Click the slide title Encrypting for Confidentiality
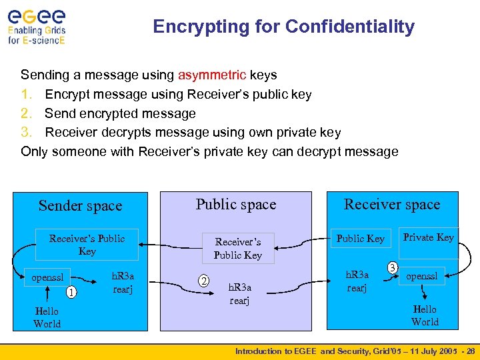pos(283,27)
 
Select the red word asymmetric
pos(212,75)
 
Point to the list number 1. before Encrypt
pos(30,94)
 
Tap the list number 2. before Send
pos(30,113)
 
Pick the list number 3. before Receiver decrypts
pos(30,132)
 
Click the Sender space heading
pos(80,206)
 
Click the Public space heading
pos(235,204)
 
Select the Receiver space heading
pos(391,204)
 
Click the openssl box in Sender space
pos(48,277)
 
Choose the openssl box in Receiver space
pos(423,276)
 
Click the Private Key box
pos(428,237)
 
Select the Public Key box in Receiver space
pos(360,239)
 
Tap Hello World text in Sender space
pos(47,317)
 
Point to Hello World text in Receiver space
pos(425,315)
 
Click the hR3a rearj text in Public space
pos(240,293)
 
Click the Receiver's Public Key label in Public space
pos(237,248)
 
